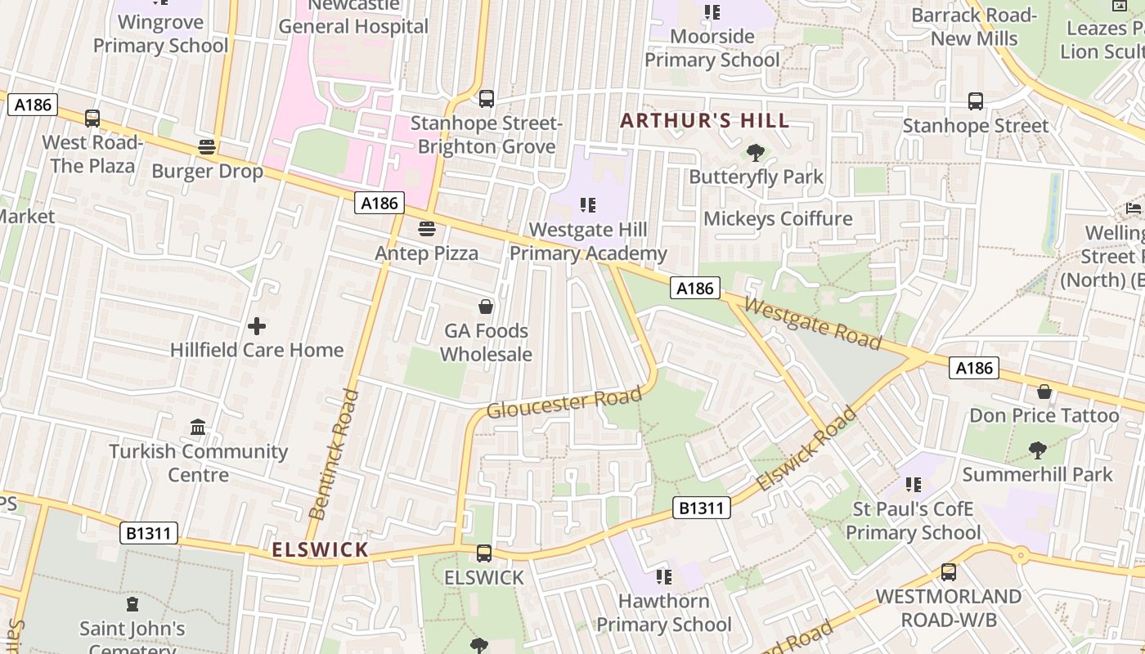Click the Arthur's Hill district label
[x=704, y=121]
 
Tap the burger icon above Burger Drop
[x=207, y=147]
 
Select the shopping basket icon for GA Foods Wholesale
[x=486, y=307]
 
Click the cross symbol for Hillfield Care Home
[x=257, y=326]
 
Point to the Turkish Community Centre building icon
[x=198, y=428]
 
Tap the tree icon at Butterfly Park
[x=756, y=153]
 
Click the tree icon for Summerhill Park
[x=1037, y=450]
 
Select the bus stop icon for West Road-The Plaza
[x=92, y=119]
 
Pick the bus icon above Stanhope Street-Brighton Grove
[x=487, y=99]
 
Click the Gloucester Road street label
[x=564, y=403]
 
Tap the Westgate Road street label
[x=813, y=322]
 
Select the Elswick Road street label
[x=806, y=450]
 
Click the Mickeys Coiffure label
[x=778, y=218]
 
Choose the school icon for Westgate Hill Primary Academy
[x=588, y=205]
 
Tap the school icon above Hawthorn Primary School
[x=664, y=577]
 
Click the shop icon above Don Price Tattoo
[x=1044, y=392]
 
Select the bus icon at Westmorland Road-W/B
[x=949, y=572]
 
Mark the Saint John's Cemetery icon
[x=132, y=605]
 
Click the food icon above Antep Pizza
[x=426, y=229]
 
